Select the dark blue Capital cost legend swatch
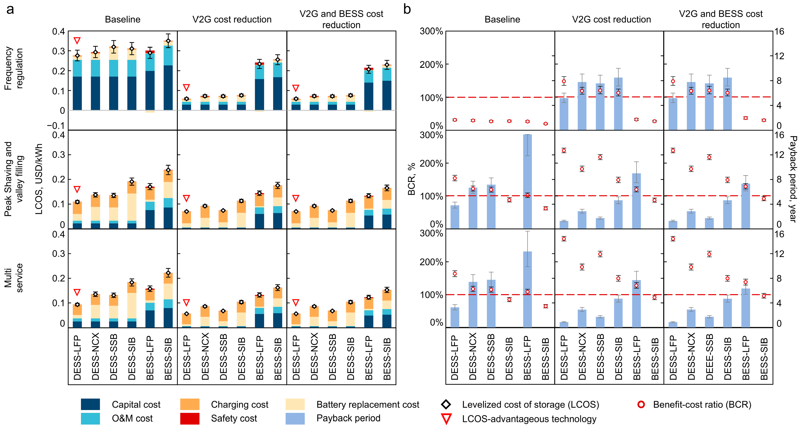[90, 404]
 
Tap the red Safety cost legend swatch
[190, 418]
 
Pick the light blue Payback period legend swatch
[295, 418]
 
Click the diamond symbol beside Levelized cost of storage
[446, 404]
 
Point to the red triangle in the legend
[446, 419]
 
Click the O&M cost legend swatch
[90, 418]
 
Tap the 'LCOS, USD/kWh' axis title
[39, 179]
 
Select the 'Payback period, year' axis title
[793, 179]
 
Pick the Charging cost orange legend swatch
[190, 404]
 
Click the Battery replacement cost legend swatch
[295, 404]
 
